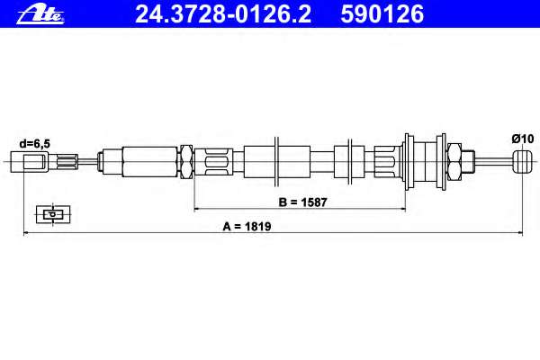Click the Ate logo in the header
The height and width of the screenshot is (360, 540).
point(40,15)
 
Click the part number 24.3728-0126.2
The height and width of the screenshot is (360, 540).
point(223,14)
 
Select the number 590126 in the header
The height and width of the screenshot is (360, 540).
point(382,14)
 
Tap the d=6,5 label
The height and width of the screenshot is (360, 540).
point(34,144)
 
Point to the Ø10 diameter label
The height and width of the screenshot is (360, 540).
point(522,139)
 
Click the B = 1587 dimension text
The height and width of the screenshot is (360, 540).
point(302,202)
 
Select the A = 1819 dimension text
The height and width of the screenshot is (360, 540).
point(247,226)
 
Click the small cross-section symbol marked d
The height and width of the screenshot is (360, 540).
point(53,214)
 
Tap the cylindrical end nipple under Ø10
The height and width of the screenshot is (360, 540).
point(522,162)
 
